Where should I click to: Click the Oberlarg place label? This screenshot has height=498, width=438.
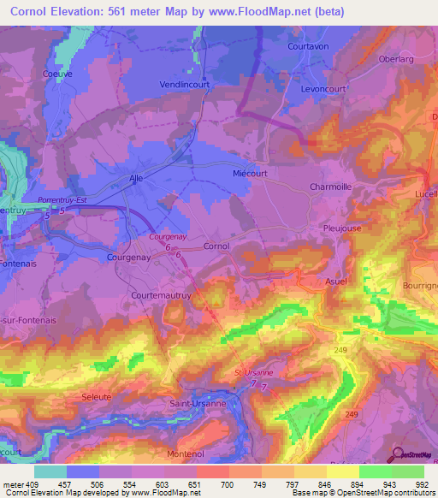(396, 60)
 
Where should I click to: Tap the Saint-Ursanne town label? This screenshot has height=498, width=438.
(198, 403)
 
